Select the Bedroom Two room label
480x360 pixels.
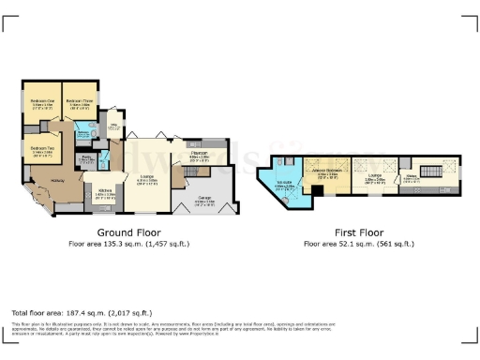(40, 148)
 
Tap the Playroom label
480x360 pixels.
(199, 155)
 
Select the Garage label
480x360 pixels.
(203, 199)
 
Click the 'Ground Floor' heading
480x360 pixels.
(128, 232)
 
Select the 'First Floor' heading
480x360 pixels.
(361, 232)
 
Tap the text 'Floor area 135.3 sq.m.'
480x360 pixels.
(128, 244)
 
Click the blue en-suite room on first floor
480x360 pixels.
(288, 187)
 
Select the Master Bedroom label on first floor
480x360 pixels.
(328, 174)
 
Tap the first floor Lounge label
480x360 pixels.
(373, 176)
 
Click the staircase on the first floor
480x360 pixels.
(432, 173)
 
